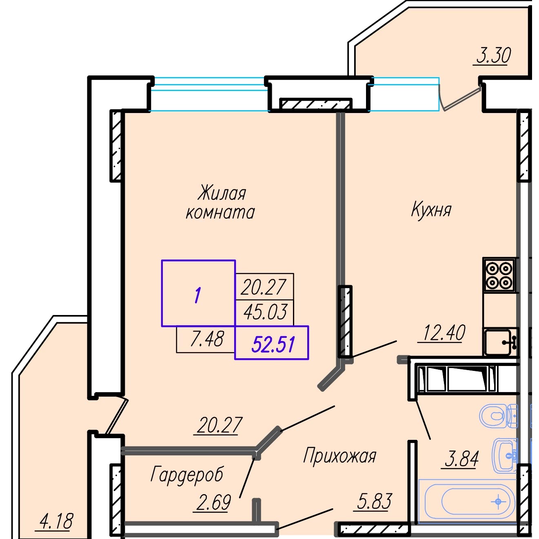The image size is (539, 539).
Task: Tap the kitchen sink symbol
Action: pyautogui.click(x=501, y=342)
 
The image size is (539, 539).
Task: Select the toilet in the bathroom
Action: pyautogui.click(x=499, y=416)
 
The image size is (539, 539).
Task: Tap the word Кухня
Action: pyautogui.click(x=431, y=210)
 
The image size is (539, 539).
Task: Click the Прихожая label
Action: pyautogui.click(x=339, y=456)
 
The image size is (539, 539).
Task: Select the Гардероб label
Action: pyautogui.click(x=187, y=475)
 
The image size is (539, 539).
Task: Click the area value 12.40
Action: pyautogui.click(x=444, y=333)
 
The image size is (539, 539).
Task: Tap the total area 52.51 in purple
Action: pyautogui.click(x=273, y=344)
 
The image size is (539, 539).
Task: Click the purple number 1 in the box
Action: pyautogui.click(x=198, y=296)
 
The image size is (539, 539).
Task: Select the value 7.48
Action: pyautogui.click(x=207, y=339)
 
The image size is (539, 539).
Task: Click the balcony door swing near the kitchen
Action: pyautogui.click(x=460, y=98)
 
